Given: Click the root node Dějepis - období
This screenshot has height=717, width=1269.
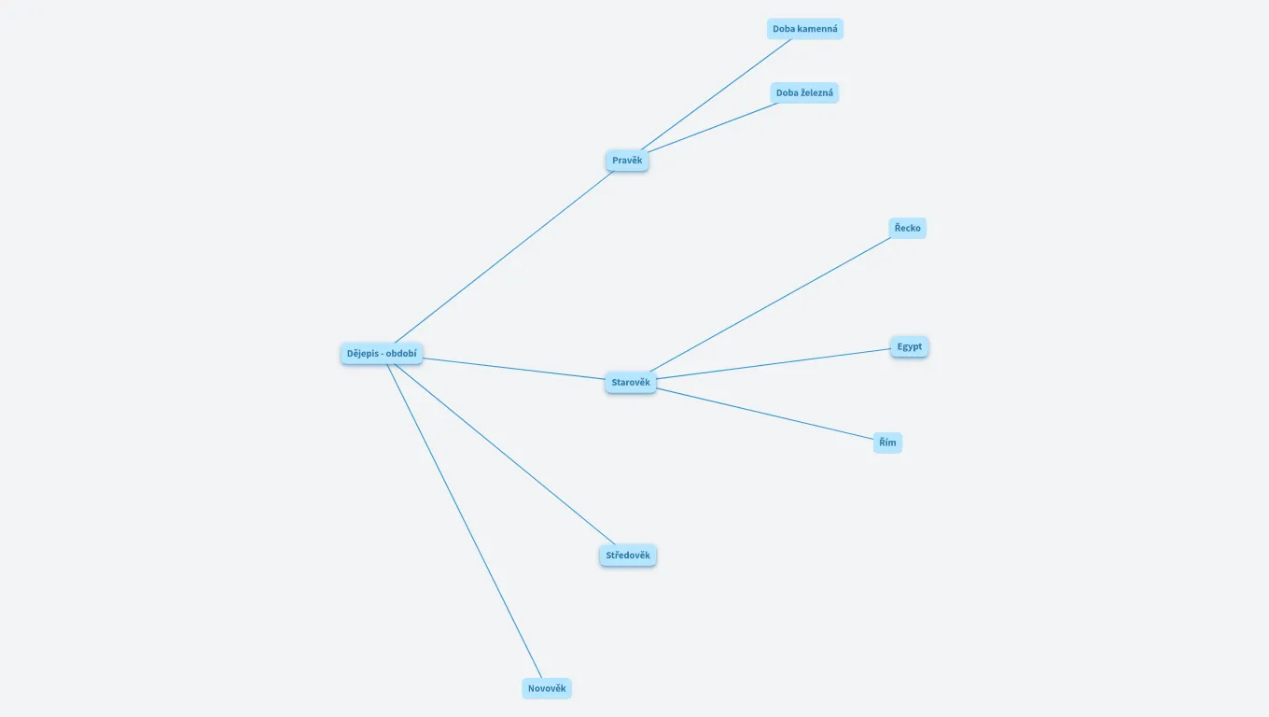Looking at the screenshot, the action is (382, 353).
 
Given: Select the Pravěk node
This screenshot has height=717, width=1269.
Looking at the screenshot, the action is (627, 161).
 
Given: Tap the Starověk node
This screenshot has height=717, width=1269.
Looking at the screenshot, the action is (631, 382).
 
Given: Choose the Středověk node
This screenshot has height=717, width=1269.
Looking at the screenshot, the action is (628, 555).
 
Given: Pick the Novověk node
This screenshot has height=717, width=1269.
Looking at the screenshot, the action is (547, 688).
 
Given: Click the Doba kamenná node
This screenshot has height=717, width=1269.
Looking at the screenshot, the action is (805, 29).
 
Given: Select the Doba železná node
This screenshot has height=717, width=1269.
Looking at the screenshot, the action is (804, 92).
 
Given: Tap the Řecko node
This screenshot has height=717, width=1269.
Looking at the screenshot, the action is (908, 228).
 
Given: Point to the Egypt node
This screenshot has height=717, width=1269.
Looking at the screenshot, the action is (909, 346).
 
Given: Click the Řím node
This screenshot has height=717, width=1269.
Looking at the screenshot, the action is (887, 443).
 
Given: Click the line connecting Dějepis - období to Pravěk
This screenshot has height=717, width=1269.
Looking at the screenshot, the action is (504, 257).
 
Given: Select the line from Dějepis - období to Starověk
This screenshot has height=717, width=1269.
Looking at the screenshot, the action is (514, 369).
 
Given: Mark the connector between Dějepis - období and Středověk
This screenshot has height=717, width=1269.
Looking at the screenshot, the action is (504, 454).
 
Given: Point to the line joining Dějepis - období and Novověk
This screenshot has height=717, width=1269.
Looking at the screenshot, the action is (464, 521).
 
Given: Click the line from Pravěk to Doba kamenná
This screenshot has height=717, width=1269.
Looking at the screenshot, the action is (716, 94).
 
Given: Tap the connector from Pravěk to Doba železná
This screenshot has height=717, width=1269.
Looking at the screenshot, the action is (713, 128).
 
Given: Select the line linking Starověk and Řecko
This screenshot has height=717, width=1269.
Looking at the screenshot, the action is (770, 304).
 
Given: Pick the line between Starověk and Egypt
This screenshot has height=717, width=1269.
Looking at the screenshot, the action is (774, 363).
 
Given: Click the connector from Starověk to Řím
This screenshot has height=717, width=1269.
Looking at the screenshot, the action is (765, 414).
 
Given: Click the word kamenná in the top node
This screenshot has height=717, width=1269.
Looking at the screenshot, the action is (817, 29).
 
